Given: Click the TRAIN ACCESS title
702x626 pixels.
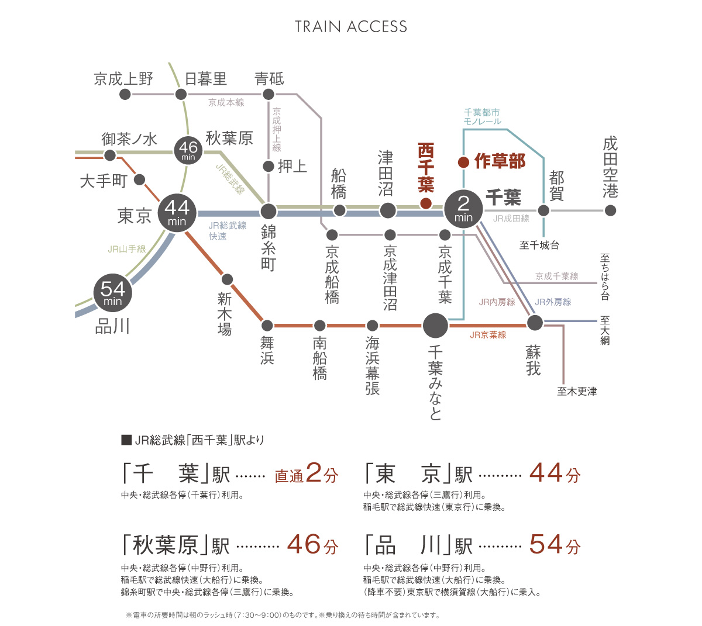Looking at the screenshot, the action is [350, 27].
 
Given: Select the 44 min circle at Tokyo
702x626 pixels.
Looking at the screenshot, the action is [177, 213].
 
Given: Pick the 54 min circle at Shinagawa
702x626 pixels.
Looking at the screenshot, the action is [112, 293].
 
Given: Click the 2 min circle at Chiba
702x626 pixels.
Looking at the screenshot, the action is [463, 209].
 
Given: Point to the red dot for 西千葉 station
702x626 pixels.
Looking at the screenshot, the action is [426, 203].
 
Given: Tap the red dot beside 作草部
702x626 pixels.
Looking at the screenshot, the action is [463, 162].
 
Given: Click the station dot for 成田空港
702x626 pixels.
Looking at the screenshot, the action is [610, 210].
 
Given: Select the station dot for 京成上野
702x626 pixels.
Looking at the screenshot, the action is [125, 94].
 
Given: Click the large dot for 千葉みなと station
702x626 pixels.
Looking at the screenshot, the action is [436, 326].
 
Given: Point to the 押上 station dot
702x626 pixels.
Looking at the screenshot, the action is [269, 167].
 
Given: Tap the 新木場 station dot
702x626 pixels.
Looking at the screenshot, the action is [228, 279].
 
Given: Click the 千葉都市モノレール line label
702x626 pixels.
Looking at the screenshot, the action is [482, 117].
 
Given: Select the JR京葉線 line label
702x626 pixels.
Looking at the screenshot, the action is [488, 335].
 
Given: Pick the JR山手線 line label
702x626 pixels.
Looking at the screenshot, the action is [127, 249].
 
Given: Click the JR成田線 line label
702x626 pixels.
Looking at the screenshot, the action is [511, 219].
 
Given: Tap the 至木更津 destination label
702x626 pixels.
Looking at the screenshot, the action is [577, 391].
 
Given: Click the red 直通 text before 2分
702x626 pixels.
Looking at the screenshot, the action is [289, 476].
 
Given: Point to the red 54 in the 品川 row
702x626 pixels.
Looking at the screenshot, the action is [546, 545].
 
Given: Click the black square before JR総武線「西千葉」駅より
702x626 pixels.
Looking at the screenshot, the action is [126, 440].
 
